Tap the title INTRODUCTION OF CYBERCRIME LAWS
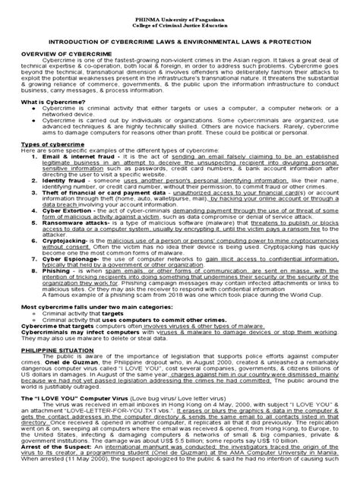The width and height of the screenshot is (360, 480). [180, 35]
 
